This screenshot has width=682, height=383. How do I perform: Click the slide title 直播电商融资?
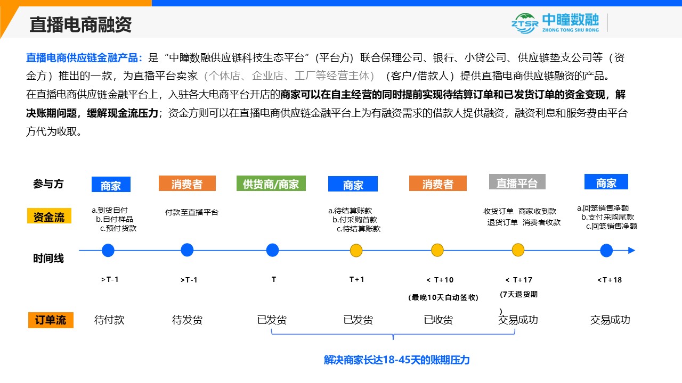click(x=80, y=24)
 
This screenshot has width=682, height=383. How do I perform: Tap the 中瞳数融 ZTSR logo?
click(x=555, y=23)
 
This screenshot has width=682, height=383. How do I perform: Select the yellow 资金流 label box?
click(x=49, y=216)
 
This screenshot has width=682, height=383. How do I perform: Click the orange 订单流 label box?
click(x=51, y=320)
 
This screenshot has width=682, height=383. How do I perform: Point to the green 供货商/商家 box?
click(x=271, y=184)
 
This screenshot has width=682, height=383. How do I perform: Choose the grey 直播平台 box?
click(x=517, y=182)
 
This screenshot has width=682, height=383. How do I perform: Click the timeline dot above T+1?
click(x=356, y=251)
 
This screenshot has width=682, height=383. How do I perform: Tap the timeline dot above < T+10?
click(x=437, y=250)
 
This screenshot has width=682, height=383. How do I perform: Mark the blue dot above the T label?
click(x=272, y=250)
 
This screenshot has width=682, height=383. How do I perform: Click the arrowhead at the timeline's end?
click(x=632, y=251)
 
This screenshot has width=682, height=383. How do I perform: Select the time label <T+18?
click(x=610, y=280)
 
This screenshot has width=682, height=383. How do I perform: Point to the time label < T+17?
click(x=519, y=280)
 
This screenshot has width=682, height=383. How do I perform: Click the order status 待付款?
click(x=109, y=320)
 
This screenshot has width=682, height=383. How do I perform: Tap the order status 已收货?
click(x=439, y=320)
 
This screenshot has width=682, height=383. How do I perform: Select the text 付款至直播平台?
click(x=191, y=212)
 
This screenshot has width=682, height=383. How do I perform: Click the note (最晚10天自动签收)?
click(x=443, y=297)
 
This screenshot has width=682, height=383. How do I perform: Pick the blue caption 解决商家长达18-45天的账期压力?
click(x=396, y=360)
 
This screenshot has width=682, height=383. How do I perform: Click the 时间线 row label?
click(x=48, y=259)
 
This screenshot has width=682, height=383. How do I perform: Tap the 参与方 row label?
click(x=48, y=184)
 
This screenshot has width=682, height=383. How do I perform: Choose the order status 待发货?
click(x=187, y=320)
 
